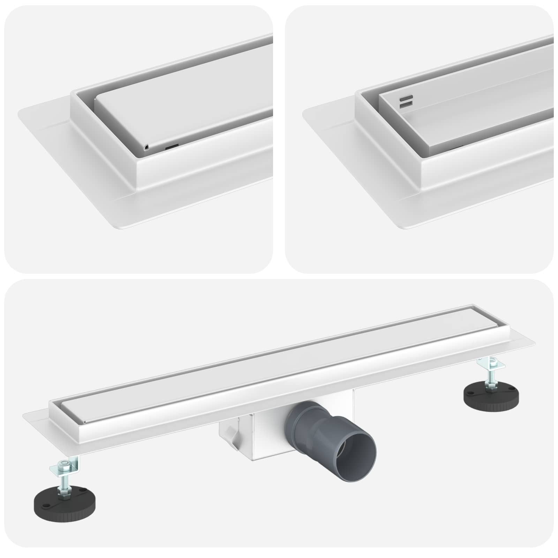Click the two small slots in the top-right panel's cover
(x=407, y=101)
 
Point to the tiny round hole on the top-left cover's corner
(x=146, y=147)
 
